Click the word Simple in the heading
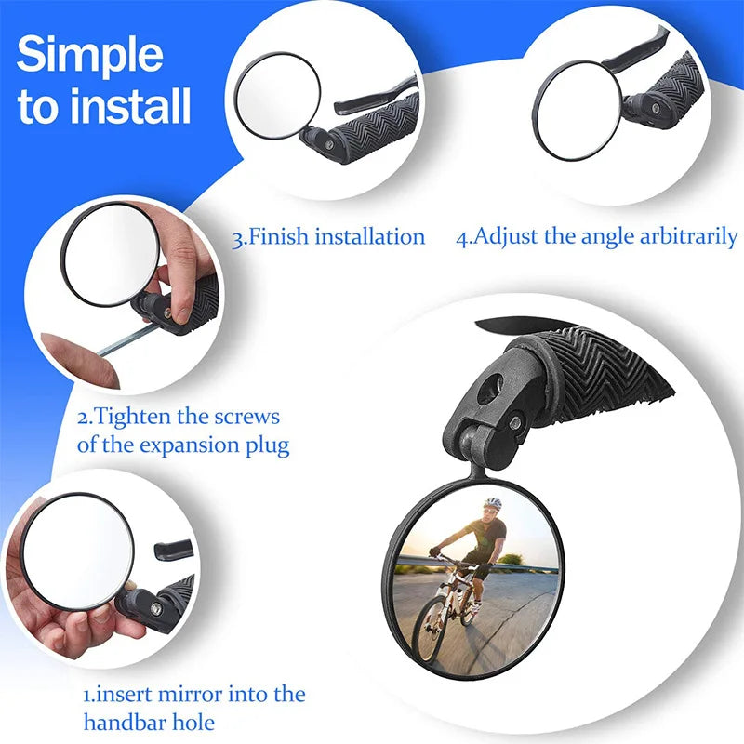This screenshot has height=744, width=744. tap(89, 56)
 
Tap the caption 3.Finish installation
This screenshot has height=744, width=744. tap(328, 236)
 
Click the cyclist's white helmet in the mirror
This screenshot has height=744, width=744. tap(492, 503)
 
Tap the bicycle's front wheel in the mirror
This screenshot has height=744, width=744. tap(430, 628)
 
